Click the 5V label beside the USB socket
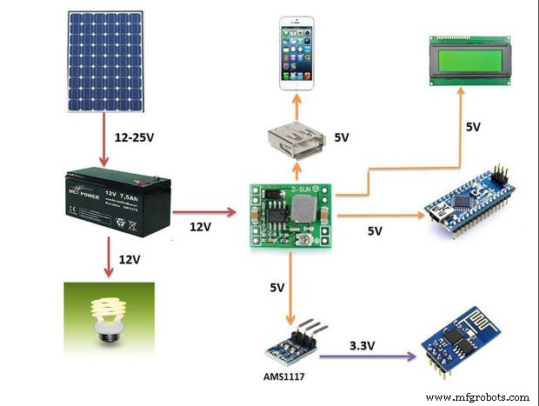pos(342,138)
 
